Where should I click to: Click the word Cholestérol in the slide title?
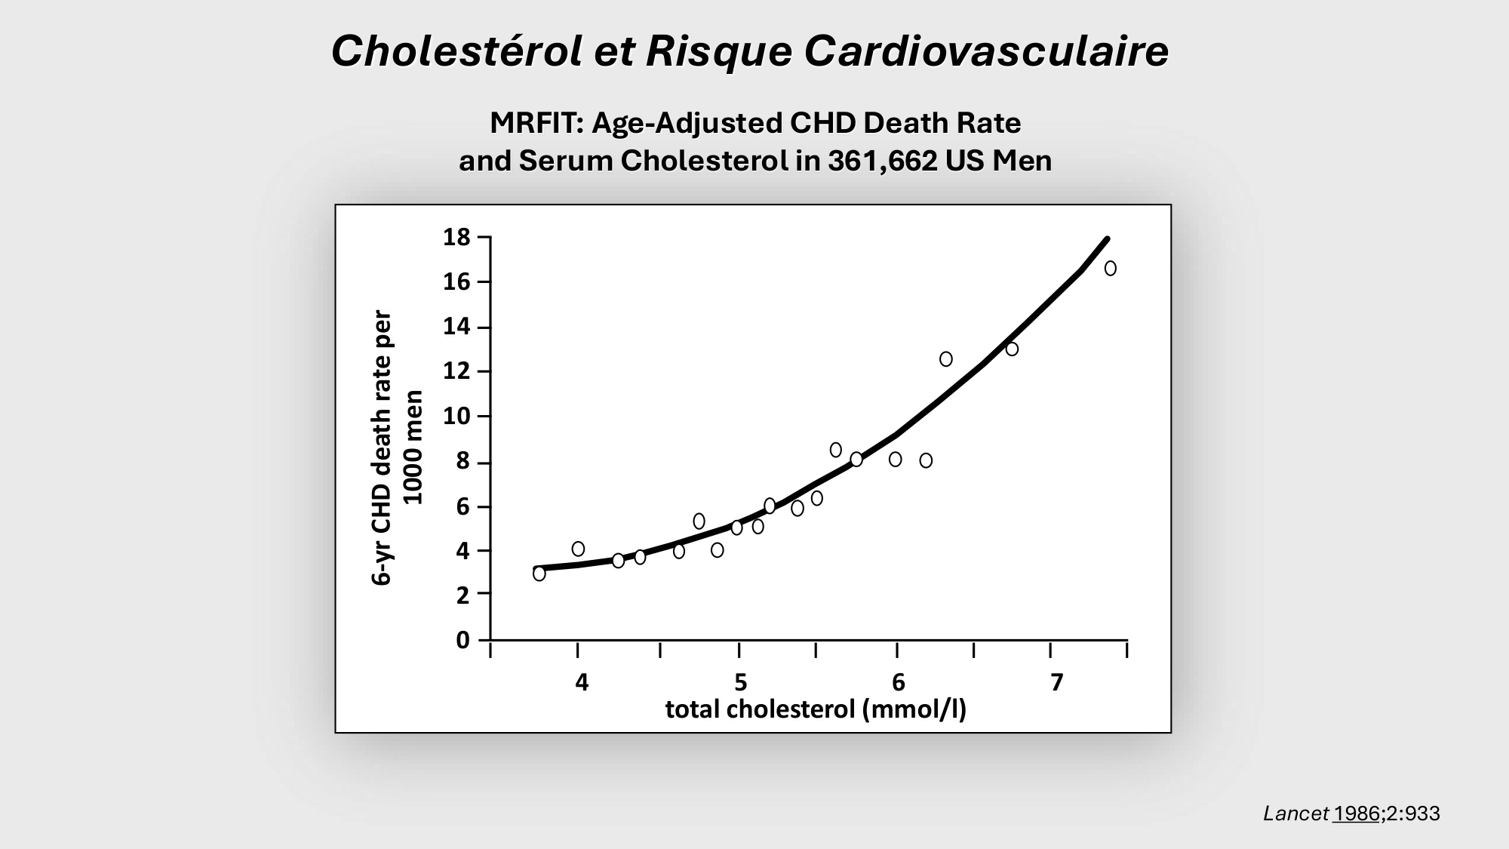pos(456,52)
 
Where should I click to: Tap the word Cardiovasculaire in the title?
pos(986,52)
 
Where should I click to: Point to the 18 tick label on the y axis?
pos(456,238)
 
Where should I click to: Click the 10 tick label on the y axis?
pos(456,417)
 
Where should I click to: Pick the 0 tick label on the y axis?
pos(463,641)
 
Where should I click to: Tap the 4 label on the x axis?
pos(581,682)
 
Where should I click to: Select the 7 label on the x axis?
pos(1056,682)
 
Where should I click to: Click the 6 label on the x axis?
pos(899,682)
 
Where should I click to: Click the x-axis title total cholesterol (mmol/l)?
pos(816,709)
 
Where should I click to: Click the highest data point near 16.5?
pos(1110,269)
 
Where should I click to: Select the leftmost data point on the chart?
pos(539,574)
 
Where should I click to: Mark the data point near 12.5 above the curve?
pos(946,359)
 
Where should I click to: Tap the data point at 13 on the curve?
pos(1012,349)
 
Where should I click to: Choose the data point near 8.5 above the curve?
pos(835,450)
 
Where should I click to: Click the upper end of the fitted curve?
pos(1106,239)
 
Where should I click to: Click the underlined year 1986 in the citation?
pos(1356,814)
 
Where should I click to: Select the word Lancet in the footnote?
pos(1295,814)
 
